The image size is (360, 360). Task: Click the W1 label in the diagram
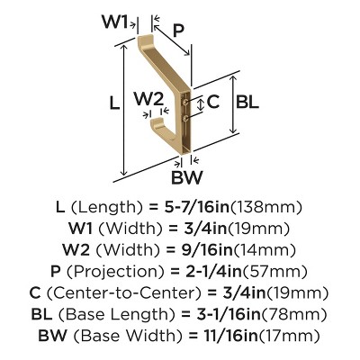tap(115, 22)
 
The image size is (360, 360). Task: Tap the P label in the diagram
tap(178, 31)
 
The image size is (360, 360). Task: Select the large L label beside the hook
tap(114, 103)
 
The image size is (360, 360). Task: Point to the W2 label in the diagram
tap(148, 99)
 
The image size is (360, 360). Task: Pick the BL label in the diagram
tap(247, 102)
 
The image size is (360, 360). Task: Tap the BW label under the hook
tap(186, 177)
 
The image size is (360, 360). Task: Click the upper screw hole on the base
tap(186, 103)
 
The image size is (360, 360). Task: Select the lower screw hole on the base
tap(186, 118)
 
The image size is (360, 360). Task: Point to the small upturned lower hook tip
tap(156, 121)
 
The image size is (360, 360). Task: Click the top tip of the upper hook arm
tap(146, 37)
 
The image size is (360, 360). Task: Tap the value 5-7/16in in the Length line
tap(197, 207)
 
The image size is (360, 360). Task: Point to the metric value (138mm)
tap(265, 207)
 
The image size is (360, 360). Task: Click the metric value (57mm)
tap(274, 272)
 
